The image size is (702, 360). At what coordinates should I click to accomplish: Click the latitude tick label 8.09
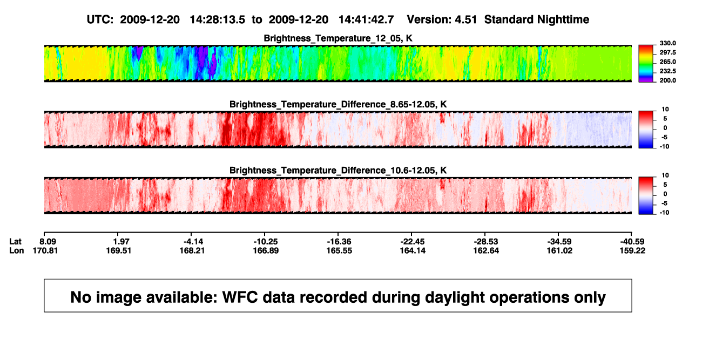click(48, 242)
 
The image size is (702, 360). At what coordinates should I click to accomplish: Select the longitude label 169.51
click(119, 250)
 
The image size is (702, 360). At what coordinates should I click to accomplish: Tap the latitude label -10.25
click(266, 242)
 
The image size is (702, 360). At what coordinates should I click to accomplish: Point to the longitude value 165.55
click(339, 250)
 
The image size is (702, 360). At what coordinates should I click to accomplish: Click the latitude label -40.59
click(632, 242)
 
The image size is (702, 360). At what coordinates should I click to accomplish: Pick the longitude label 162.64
click(486, 250)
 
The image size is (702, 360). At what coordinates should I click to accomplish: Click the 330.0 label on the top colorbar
click(667, 43)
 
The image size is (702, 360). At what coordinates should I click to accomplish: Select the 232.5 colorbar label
click(667, 71)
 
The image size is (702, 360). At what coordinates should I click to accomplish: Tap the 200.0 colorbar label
click(667, 80)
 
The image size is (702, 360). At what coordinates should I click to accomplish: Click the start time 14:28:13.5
click(218, 20)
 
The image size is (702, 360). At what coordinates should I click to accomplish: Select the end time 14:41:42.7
click(366, 20)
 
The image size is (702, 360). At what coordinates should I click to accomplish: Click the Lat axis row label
click(15, 242)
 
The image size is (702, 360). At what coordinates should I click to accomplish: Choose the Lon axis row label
click(16, 250)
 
